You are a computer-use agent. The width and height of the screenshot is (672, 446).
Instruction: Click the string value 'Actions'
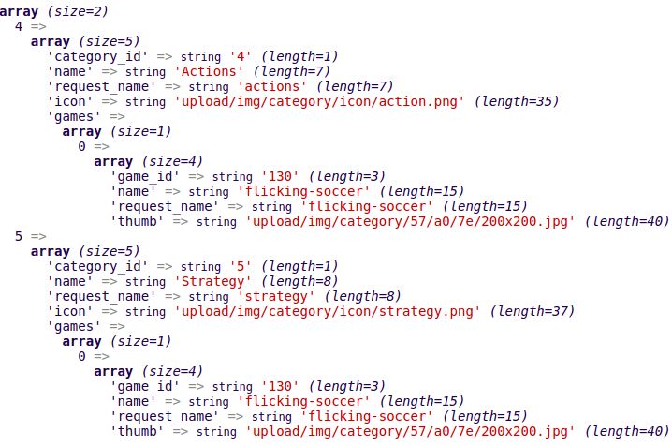[x=209, y=71]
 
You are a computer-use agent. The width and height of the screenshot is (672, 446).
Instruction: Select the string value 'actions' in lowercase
[x=272, y=86]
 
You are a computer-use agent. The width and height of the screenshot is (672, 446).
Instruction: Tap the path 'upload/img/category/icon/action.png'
[x=319, y=101]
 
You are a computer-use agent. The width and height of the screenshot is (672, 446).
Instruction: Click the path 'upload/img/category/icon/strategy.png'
[x=327, y=311]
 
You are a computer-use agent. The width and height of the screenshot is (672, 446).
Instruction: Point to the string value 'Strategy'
[x=213, y=281]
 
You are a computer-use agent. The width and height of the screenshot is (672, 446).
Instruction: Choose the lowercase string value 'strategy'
[x=276, y=296]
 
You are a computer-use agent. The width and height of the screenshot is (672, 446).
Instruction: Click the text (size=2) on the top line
[x=78, y=11]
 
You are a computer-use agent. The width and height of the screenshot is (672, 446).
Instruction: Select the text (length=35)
[x=517, y=101]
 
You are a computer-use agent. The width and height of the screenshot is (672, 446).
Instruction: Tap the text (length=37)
[x=533, y=311]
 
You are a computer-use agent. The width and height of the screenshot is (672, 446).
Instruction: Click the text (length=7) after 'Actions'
[x=292, y=71]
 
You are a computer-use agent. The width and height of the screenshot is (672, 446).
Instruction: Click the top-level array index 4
[x=19, y=26]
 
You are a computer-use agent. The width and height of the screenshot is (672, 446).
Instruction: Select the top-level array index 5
[x=19, y=236]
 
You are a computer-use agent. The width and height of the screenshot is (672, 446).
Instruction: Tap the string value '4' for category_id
[x=241, y=56]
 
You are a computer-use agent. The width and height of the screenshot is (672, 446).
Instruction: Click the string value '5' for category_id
[x=241, y=266]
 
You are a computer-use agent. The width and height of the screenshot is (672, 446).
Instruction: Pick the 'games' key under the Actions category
[x=74, y=116]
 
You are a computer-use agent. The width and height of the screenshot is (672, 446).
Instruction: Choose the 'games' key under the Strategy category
[x=74, y=327]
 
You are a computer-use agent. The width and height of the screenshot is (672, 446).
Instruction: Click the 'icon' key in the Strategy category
[x=70, y=311]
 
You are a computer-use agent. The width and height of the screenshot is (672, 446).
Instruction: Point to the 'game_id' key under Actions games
[x=145, y=176]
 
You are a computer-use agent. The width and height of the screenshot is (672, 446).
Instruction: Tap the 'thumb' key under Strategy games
[x=138, y=431]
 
